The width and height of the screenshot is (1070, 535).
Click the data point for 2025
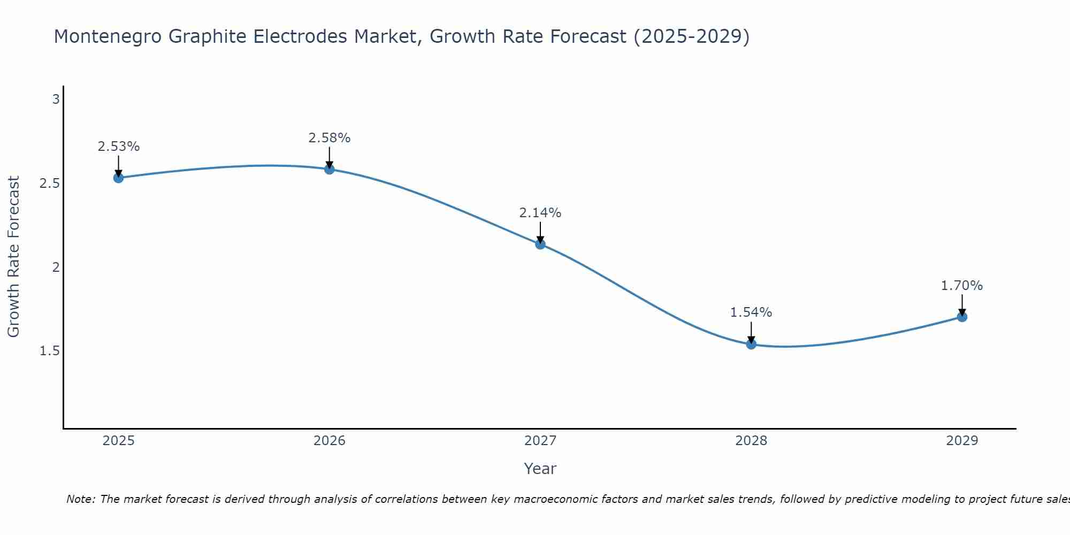(x=119, y=178)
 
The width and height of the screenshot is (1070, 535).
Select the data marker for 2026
(x=330, y=170)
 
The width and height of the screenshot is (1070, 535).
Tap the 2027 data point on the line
(x=540, y=244)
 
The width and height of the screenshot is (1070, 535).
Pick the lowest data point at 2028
(x=751, y=344)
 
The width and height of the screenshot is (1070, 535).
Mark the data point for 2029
(x=962, y=317)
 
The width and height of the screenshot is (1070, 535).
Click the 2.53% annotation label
(x=119, y=147)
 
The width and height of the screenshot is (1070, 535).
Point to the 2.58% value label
(x=330, y=138)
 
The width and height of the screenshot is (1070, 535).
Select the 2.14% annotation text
(x=540, y=213)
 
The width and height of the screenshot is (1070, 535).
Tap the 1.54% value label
(x=751, y=312)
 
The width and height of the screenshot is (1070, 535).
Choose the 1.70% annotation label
(x=962, y=286)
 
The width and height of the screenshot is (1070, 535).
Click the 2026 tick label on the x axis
(x=330, y=441)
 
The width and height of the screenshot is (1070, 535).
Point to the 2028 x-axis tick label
(x=751, y=441)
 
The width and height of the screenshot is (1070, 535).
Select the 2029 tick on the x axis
(x=962, y=441)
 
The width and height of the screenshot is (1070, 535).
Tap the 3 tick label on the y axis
(x=56, y=100)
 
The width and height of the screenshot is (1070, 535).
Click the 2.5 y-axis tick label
(x=49, y=184)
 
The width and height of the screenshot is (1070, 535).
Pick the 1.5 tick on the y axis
(x=49, y=351)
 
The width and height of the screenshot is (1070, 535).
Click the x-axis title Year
(x=540, y=469)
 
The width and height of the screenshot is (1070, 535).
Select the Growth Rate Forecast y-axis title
(x=13, y=257)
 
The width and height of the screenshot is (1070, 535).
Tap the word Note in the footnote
(x=80, y=499)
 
